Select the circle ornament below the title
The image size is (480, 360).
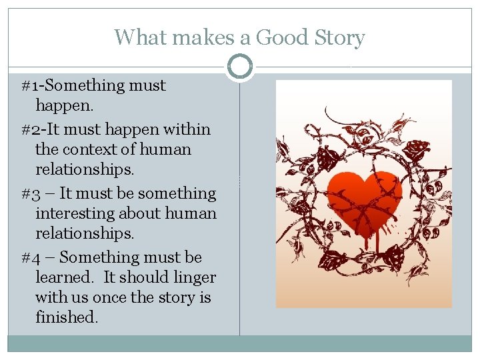239,67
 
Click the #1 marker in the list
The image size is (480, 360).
31,86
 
